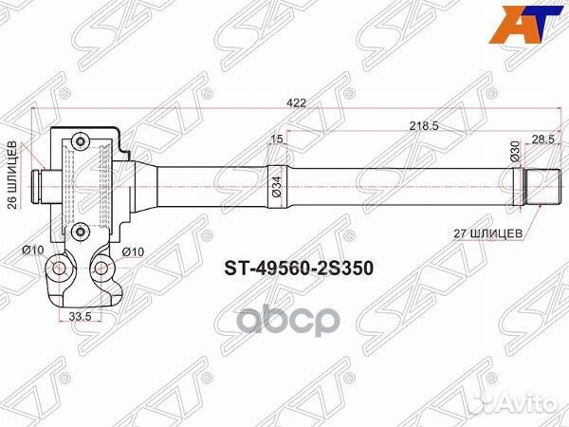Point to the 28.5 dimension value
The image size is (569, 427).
pos(542,139)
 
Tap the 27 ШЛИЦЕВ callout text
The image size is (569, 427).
pos(498,232)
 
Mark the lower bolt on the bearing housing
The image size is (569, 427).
pos(81,227)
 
